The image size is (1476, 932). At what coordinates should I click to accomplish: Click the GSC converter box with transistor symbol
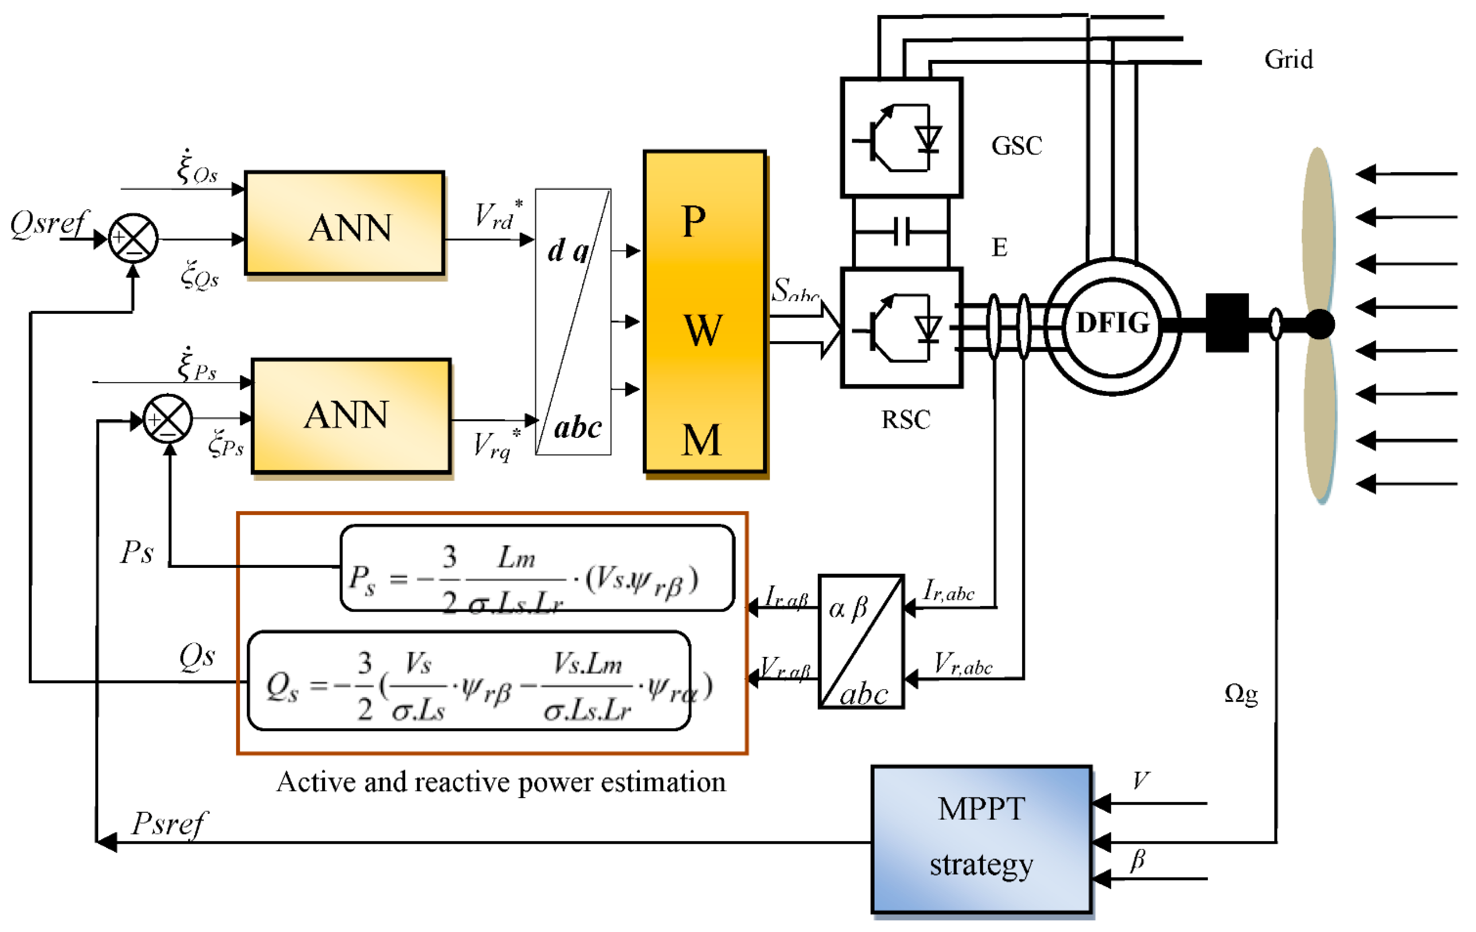pos(901,138)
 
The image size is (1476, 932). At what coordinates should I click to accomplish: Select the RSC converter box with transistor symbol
pos(901,328)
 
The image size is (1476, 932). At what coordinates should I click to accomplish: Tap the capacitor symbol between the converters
pos(901,232)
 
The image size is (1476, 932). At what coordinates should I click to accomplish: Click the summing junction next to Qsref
pos(133,238)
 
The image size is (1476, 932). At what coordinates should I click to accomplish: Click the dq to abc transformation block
pos(573,322)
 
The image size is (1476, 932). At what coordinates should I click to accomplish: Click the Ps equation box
pos(537,568)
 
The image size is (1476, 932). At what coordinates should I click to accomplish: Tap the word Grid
pos(1288,60)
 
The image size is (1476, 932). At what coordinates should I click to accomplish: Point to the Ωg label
pos(1241,694)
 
